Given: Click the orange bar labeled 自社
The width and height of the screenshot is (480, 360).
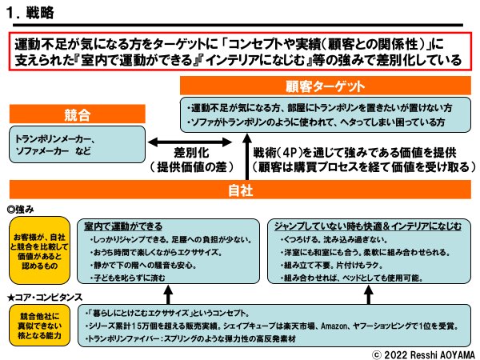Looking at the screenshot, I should [240, 190].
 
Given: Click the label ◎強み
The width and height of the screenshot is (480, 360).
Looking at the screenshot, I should [22, 210].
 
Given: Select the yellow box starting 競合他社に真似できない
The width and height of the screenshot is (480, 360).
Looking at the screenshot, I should [40, 326].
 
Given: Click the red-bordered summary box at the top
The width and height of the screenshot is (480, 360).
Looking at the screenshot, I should [240, 52].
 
